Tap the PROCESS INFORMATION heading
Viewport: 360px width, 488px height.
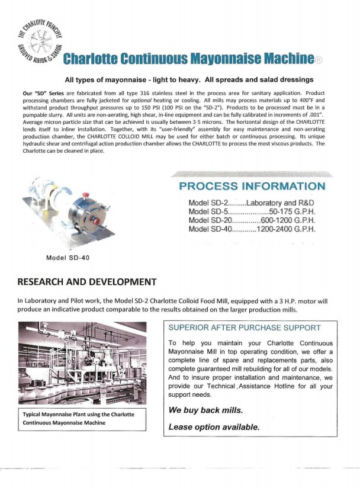tap(252, 187)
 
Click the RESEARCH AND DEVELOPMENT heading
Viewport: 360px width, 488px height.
tap(88, 281)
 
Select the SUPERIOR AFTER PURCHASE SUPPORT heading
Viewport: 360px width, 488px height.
tap(245, 328)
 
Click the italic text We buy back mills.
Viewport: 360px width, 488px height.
tap(205, 410)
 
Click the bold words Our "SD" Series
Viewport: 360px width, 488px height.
tap(41, 94)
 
